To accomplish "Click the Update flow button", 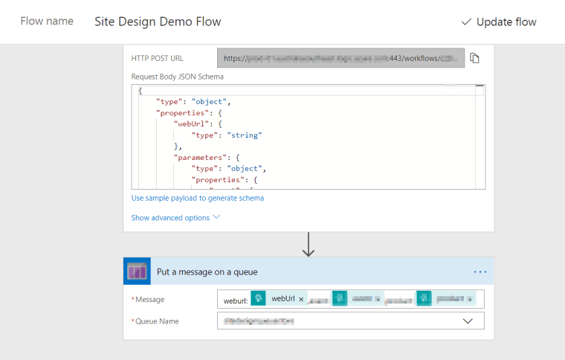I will coord(499,22).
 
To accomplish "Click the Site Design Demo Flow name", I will coord(158,22).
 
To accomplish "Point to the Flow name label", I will coord(46,21).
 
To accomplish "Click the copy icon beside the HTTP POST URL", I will coord(474,58).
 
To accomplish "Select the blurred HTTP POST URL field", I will coord(341,58).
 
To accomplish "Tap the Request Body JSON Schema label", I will coord(177,76).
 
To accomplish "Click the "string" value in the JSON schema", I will coord(244,135).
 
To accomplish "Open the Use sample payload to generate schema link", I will coord(197,198).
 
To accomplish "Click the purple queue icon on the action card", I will coord(137,272).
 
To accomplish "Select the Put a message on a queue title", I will coord(207,272).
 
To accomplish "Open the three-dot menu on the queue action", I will coord(480,272).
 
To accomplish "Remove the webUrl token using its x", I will coord(301,299).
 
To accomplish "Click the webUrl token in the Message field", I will coord(282,299).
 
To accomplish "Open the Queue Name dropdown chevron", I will coord(468,321).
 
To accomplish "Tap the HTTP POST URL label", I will coord(157,58).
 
